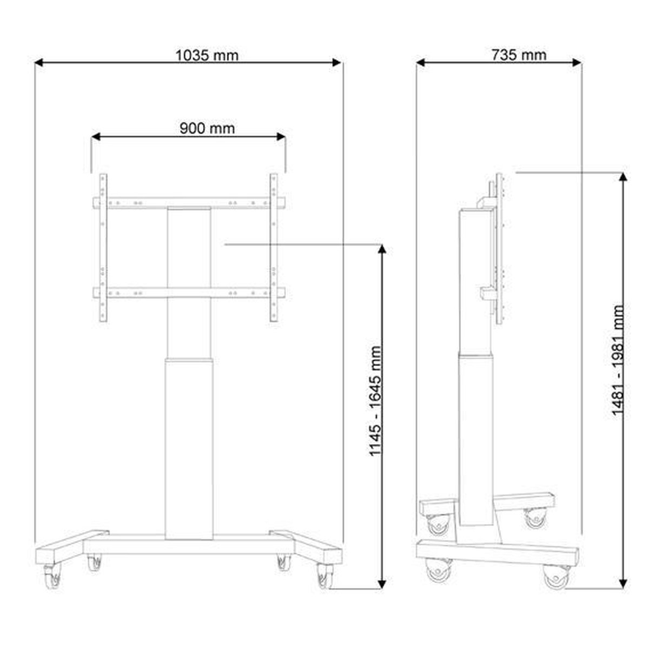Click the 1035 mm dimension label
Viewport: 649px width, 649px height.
(207, 55)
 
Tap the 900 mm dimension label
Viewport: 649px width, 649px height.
(207, 128)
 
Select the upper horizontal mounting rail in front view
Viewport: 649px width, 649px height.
(189, 203)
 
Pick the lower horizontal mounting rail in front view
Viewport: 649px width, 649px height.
(189, 293)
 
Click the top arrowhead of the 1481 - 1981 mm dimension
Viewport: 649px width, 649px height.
(625, 178)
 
